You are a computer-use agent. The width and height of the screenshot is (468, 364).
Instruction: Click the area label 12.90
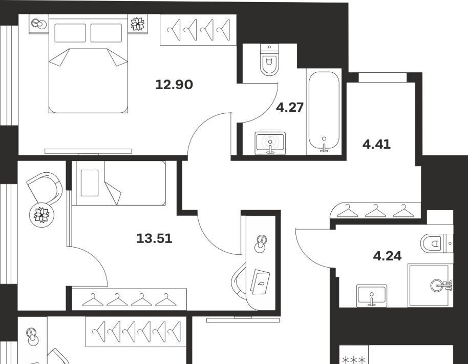[x=174, y=85]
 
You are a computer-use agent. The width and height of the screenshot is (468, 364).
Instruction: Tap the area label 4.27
[x=290, y=107]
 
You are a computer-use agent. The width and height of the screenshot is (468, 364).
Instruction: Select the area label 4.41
[x=376, y=145]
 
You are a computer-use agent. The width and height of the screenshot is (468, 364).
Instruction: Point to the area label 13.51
[x=154, y=239]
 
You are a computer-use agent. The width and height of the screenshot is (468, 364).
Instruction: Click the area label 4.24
[x=388, y=256]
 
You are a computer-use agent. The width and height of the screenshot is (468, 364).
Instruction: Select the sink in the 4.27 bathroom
[x=270, y=143]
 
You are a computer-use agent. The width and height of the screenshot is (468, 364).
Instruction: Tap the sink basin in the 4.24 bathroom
[x=372, y=295]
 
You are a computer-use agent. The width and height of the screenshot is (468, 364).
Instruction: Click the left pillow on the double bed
[x=70, y=33]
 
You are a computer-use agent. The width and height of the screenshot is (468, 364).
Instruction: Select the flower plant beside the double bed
[x=138, y=24]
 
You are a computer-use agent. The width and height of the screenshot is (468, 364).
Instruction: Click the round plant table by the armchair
[x=42, y=215]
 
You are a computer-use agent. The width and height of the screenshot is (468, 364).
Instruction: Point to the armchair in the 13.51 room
[x=45, y=189]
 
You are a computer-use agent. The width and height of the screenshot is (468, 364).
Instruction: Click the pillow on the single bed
[x=90, y=183]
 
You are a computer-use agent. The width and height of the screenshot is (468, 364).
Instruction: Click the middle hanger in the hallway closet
[x=375, y=211]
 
